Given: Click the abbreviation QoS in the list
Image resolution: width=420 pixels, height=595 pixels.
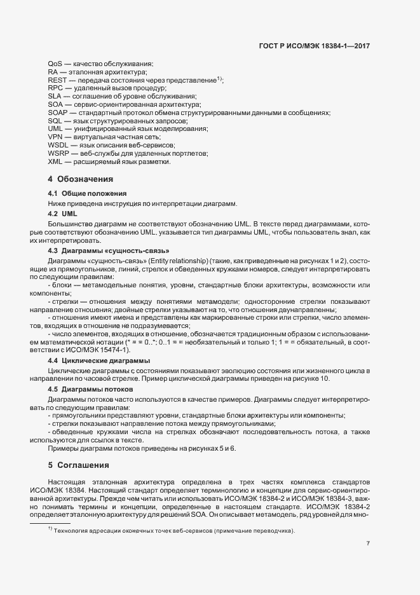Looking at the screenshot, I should coord(55,64).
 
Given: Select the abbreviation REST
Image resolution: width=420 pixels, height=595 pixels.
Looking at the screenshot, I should coord(56,80).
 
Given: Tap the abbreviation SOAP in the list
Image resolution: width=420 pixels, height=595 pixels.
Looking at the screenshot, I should coord(57,113).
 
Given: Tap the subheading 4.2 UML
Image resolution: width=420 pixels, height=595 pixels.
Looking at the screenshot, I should coord(62,214).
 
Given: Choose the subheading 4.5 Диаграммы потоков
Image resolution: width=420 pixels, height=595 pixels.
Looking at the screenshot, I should coord(90,388).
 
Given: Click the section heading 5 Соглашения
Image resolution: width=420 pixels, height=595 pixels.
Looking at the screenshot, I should coord(79,465).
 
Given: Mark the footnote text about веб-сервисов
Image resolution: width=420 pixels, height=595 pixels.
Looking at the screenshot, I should coord(175,530).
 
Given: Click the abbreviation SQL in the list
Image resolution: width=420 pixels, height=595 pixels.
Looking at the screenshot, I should coord(55,121).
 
